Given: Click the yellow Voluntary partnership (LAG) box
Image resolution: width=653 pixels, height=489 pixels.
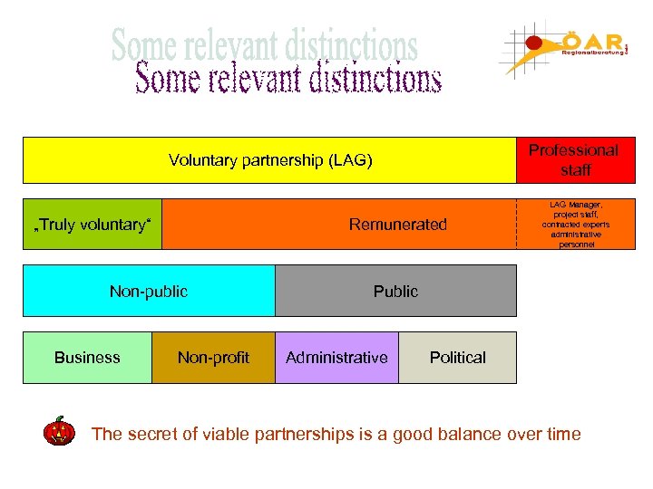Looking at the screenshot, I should pyautogui.click(x=270, y=161).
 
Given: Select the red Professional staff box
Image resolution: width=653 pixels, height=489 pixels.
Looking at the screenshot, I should pyautogui.click(x=574, y=160).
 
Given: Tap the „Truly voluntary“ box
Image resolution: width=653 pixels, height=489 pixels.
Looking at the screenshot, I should pyautogui.click(x=93, y=225).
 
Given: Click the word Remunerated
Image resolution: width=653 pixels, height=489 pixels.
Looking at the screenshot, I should pyautogui.click(x=399, y=225).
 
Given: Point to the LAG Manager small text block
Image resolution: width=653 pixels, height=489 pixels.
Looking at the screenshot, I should pyautogui.click(x=575, y=225).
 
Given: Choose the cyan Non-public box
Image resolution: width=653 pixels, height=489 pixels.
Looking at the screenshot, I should pyautogui.click(x=148, y=291).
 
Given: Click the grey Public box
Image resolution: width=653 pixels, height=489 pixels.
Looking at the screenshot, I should pyautogui.click(x=395, y=291).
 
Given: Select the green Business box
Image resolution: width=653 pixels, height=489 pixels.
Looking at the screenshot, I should pyautogui.click(x=87, y=358).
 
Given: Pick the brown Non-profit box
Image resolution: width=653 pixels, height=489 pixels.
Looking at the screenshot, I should pyautogui.click(x=213, y=358).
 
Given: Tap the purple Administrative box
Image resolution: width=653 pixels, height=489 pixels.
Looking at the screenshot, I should pyautogui.click(x=336, y=358).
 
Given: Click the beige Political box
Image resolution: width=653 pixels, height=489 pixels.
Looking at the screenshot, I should pyautogui.click(x=457, y=358).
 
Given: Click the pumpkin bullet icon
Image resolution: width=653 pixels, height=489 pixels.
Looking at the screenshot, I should pyautogui.click(x=60, y=431).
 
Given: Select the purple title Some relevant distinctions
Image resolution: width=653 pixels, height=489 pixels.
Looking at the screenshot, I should pyautogui.click(x=288, y=79).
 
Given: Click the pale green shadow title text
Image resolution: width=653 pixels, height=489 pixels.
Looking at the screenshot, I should pyautogui.click(x=264, y=43).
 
